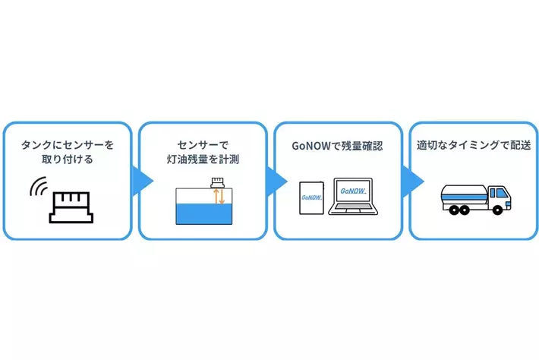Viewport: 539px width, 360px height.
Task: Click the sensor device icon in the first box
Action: pos(71,205)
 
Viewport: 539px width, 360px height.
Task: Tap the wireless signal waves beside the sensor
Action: pos(37,188)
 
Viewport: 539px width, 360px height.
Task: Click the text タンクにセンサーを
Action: pos(68,143)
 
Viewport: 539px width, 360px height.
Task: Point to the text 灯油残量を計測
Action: pos(203,159)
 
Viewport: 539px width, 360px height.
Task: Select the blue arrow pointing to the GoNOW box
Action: pos(277,181)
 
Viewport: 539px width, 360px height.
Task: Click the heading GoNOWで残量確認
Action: pos(338,144)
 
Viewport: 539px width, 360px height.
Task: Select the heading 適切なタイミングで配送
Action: pos(473,144)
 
